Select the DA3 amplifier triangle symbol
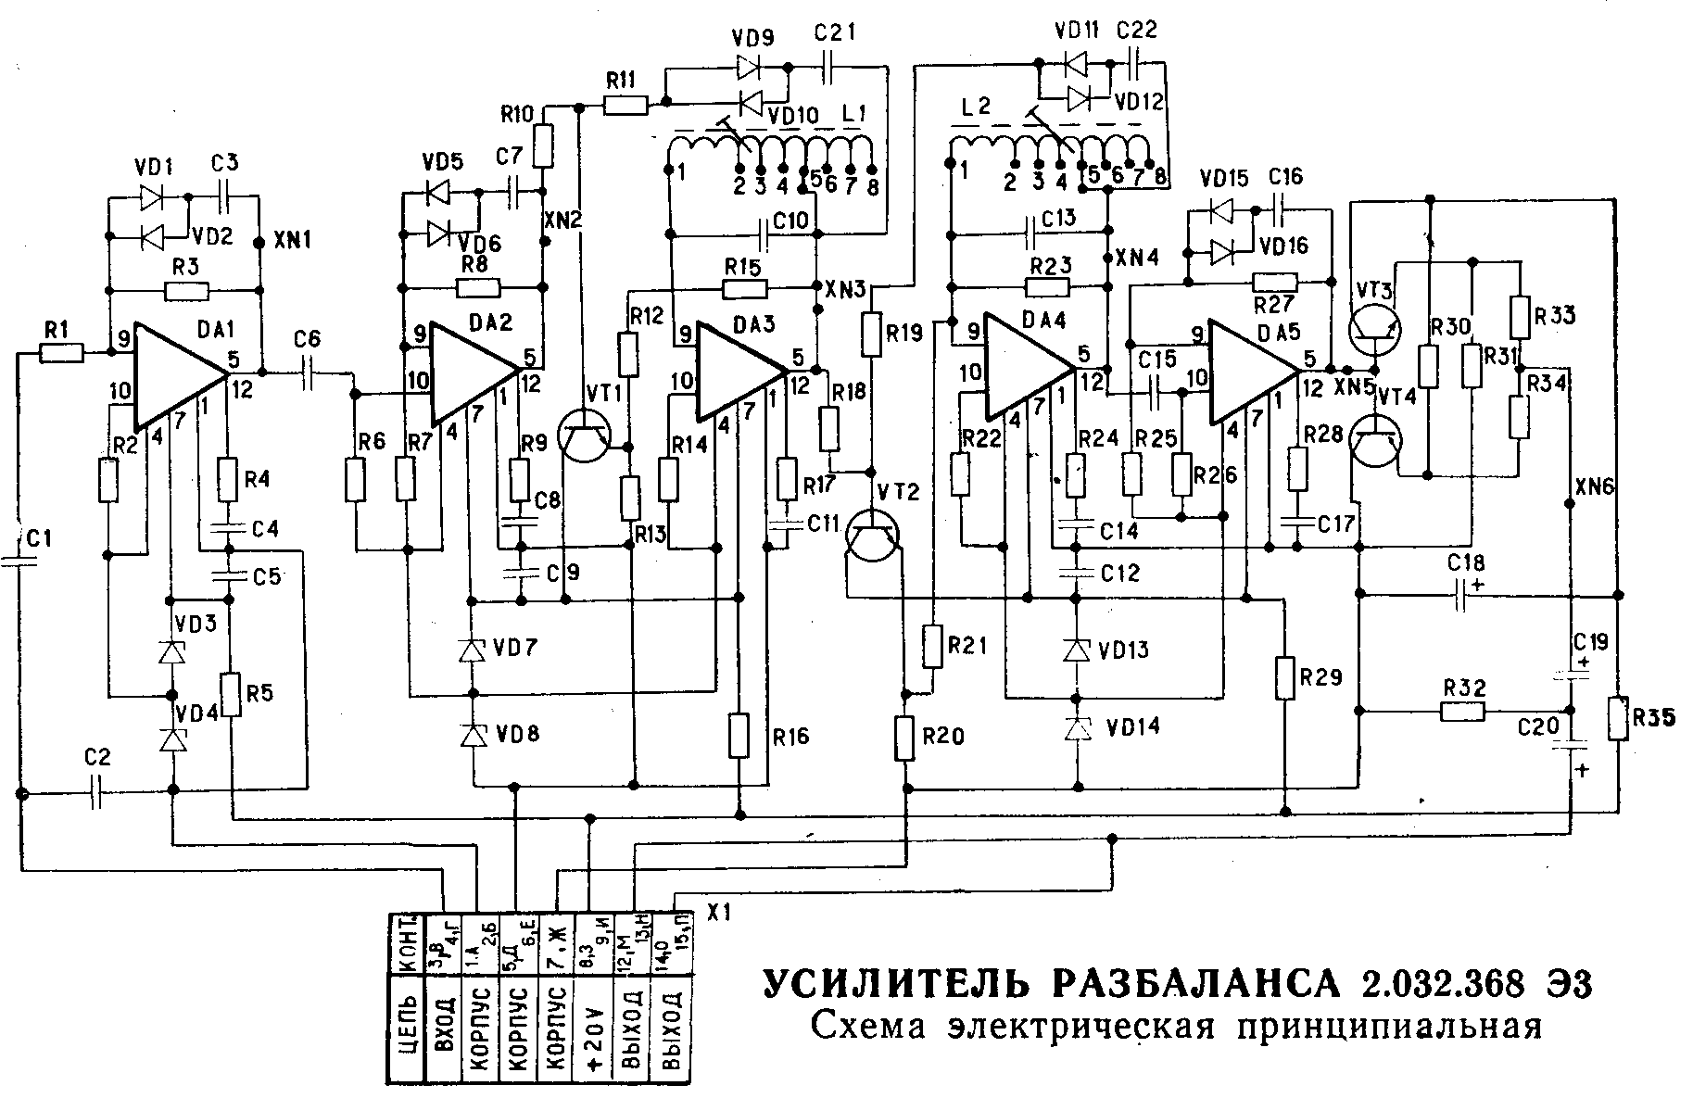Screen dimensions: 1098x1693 (x=737, y=372)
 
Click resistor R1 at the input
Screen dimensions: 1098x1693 (x=62, y=352)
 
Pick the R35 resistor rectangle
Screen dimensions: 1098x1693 (x=1619, y=719)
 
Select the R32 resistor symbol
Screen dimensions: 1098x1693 (x=1463, y=712)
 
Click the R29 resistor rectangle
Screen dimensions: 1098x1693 (x=1285, y=677)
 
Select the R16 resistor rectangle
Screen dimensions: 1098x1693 (x=739, y=736)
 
